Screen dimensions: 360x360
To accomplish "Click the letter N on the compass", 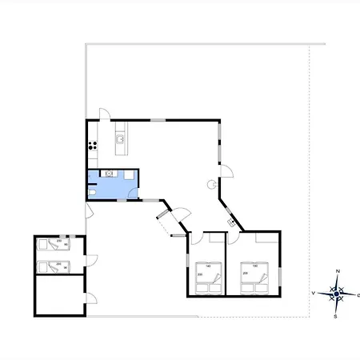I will coord(338,272).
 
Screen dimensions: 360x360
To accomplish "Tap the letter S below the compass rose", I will coord(335,317).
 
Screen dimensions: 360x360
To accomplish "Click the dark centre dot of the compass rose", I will coord(337,294).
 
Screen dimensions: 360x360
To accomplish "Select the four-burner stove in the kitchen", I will coord(93,146).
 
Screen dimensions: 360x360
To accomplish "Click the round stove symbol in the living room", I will coord(213,183).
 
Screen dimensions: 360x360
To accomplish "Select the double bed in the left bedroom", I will coord(208,277).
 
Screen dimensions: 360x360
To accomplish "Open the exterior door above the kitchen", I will coord(101,114).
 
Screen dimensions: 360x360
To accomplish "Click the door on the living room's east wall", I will coord(226,170).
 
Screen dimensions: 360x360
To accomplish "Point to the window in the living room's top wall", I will coord(158,120).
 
